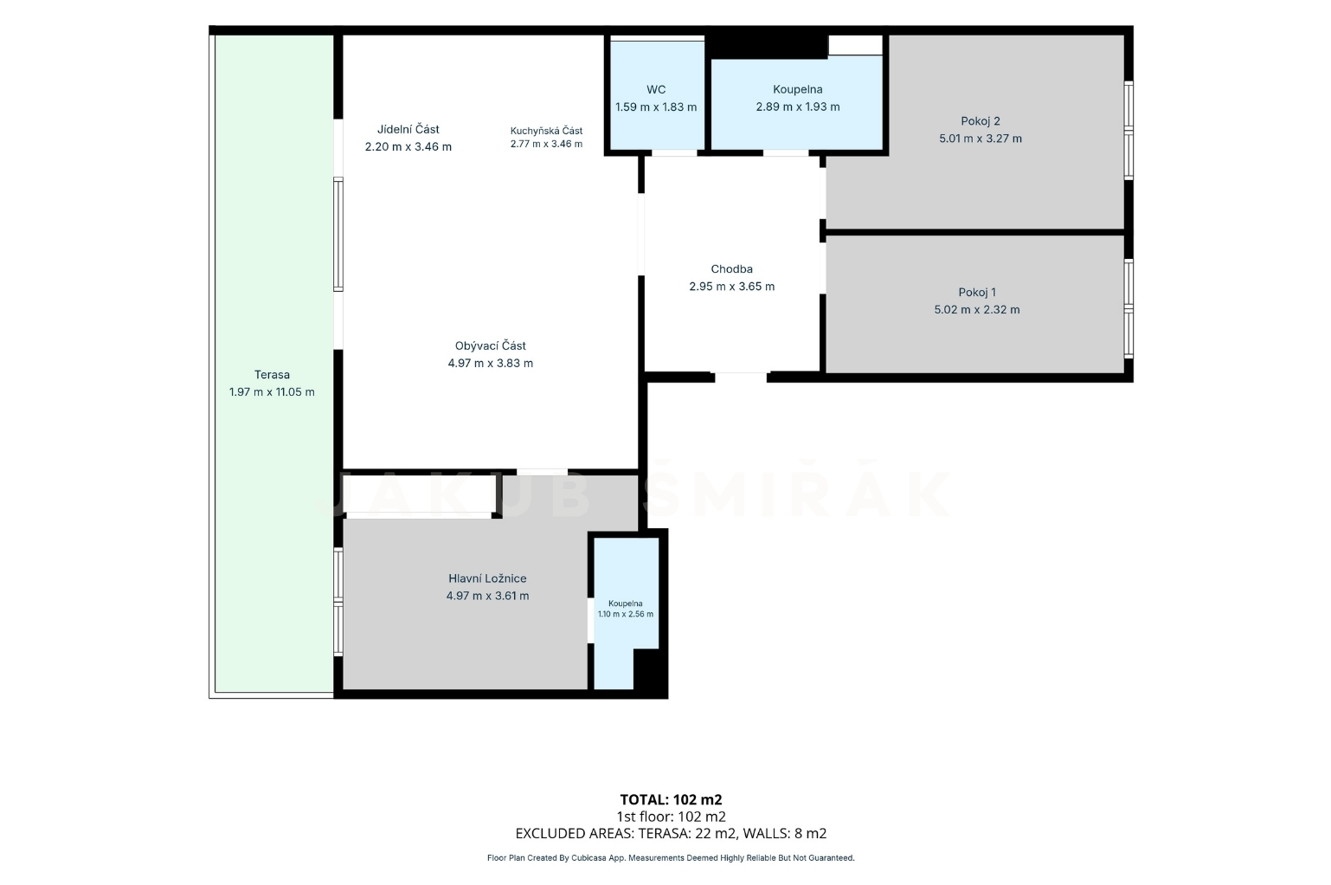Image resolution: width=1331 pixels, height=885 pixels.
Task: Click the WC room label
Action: [656, 90]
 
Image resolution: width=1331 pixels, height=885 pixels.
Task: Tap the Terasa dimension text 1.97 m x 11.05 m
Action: [272, 392]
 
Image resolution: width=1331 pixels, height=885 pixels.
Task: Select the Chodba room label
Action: [731, 268]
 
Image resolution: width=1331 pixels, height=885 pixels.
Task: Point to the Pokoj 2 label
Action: [981, 121]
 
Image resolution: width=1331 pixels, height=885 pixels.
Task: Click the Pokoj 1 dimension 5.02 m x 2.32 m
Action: [977, 309]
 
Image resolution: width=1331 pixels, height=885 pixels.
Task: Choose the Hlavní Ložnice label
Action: [487, 578]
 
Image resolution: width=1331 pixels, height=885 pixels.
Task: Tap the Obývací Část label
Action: [490, 346]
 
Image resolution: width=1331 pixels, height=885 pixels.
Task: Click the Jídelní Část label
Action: [408, 129]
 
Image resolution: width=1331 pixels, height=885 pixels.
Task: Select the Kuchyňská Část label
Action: [546, 131]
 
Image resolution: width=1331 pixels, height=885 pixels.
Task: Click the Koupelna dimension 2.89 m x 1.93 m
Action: [797, 107]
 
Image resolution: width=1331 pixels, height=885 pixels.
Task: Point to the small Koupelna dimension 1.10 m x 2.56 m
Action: [625, 614]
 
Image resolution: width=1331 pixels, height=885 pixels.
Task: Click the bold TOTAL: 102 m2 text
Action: [671, 799]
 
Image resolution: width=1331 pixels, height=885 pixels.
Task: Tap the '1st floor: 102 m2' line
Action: [671, 817]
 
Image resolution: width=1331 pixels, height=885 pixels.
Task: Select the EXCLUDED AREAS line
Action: [671, 833]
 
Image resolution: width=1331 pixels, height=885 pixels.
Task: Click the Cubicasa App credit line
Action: [671, 858]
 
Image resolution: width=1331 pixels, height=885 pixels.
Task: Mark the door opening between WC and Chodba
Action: [674, 153]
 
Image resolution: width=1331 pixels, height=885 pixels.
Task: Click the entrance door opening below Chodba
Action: [741, 377]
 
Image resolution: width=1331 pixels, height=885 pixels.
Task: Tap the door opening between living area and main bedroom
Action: [542, 472]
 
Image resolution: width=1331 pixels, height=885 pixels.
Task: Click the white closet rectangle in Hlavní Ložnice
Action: [420, 494]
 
